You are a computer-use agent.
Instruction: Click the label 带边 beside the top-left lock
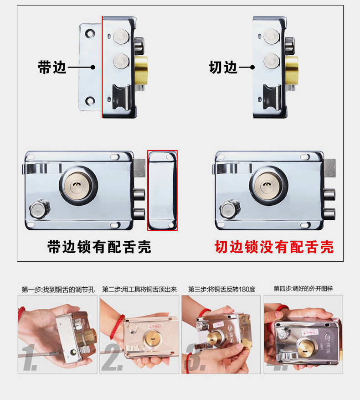point(52,68)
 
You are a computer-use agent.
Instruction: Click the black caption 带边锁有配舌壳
point(99,247)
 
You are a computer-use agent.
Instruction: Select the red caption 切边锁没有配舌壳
point(274,247)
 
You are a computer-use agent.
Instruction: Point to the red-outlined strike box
point(162,190)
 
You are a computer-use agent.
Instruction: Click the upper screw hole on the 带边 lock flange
point(90,33)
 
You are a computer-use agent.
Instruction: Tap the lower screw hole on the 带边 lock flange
point(90,101)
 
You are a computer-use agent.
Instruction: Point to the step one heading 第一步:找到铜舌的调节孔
point(58,290)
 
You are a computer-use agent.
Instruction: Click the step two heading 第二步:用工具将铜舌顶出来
point(139,289)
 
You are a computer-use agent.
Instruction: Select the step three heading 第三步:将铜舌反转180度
point(222,289)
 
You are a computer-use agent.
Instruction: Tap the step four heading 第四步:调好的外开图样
point(303,289)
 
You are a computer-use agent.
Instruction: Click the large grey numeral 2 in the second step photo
point(112,357)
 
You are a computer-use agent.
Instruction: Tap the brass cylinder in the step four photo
point(307,349)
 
